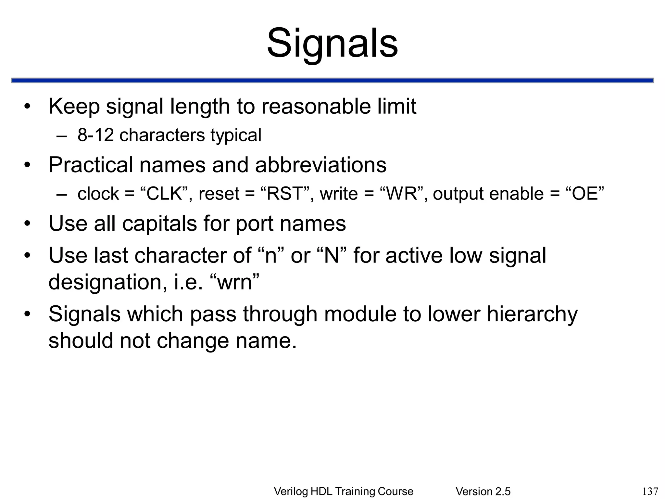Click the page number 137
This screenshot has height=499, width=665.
(x=650, y=491)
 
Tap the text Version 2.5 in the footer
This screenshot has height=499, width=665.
(x=483, y=492)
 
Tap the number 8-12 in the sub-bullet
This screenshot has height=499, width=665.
(x=95, y=135)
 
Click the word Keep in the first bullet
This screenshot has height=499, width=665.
(x=74, y=107)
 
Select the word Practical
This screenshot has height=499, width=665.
(x=91, y=165)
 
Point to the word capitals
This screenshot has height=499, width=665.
(x=159, y=224)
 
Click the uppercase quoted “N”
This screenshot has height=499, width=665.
(x=332, y=255)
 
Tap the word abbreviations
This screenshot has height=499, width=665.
(x=321, y=165)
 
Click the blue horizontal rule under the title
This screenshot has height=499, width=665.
(x=332, y=81)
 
